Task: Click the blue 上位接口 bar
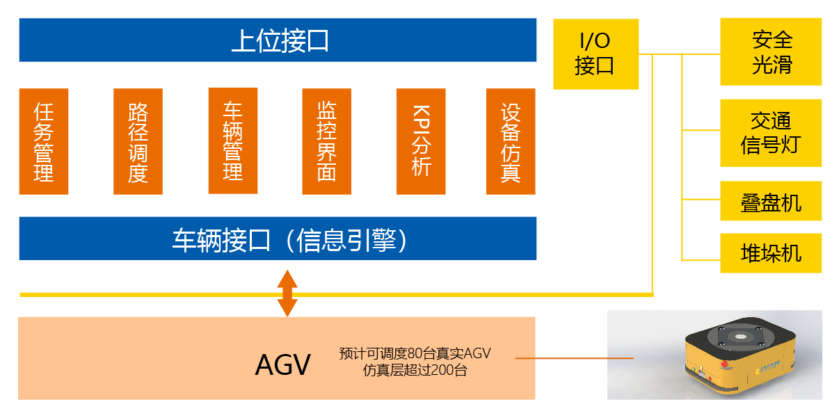pos(278,40)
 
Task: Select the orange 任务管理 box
pos(43,141)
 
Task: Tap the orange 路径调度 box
pos(138,141)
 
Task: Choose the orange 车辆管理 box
pos(232,140)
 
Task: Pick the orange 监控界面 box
pos(326,141)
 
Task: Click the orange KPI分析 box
pos(421,141)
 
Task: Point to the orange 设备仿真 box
pos(511,141)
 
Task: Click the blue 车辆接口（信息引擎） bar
pos(278,239)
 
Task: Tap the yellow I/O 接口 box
pos(596,54)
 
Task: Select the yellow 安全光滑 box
pos(771,52)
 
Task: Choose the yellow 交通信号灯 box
pos(771,133)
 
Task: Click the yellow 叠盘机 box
pos(771,202)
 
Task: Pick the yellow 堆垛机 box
pos(771,252)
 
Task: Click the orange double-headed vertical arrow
pos(287,293)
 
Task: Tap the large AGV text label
pos(282,364)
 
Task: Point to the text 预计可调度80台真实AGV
pos(415,353)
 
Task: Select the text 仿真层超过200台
pos(415,370)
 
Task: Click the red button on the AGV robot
pos(724,364)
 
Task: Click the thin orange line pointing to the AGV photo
pos(574,358)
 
